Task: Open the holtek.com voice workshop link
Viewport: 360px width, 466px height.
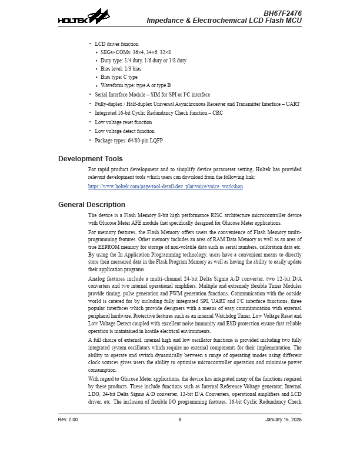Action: (165, 187)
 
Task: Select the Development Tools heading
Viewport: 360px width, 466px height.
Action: (90, 159)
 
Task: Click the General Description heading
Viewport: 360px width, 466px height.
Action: (91, 205)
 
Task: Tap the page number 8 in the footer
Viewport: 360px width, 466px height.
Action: (179, 419)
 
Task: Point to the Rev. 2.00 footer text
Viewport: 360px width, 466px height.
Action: (68, 419)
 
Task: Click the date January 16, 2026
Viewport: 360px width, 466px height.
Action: (283, 419)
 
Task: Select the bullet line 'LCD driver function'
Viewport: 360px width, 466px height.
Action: (116, 44)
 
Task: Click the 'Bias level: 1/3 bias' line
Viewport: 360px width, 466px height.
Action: (121, 69)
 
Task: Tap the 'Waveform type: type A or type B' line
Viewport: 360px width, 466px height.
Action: (135, 85)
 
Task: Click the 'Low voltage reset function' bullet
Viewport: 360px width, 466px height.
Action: (123, 122)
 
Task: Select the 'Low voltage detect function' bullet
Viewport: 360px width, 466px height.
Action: (125, 131)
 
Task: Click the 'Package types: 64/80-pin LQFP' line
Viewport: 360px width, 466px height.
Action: (128, 141)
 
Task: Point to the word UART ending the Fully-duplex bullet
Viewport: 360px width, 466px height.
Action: (293, 104)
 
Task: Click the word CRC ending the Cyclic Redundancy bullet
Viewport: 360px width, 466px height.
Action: (217, 113)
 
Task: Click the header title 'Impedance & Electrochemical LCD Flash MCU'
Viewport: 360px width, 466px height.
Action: (224, 21)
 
